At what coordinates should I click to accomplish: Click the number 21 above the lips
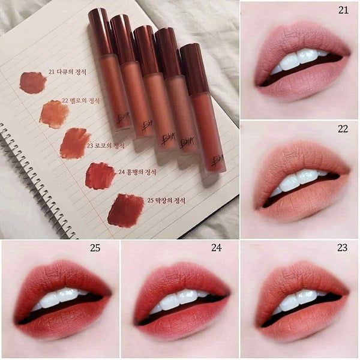pos(343,10)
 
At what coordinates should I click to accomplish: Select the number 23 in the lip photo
pos(343,248)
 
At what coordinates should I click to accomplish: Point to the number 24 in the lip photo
pos(223,248)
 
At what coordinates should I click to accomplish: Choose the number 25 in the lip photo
pos(95,247)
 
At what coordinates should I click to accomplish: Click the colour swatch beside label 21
pos(32,82)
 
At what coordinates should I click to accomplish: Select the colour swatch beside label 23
pos(75,143)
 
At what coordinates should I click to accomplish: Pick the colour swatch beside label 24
pos(100,175)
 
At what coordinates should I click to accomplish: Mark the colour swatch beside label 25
pos(125,209)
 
